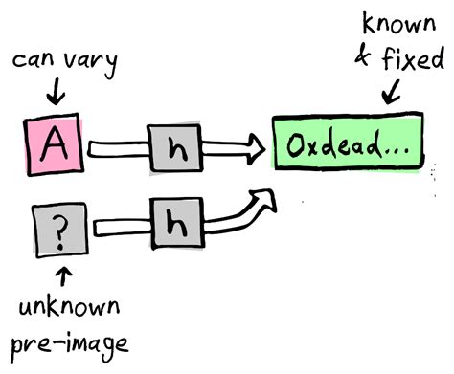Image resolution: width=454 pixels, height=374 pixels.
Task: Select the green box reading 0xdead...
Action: click(348, 149)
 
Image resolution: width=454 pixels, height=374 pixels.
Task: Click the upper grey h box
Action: click(173, 148)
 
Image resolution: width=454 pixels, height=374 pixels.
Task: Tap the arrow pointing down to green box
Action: click(392, 91)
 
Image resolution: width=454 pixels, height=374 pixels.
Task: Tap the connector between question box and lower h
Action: click(117, 227)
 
